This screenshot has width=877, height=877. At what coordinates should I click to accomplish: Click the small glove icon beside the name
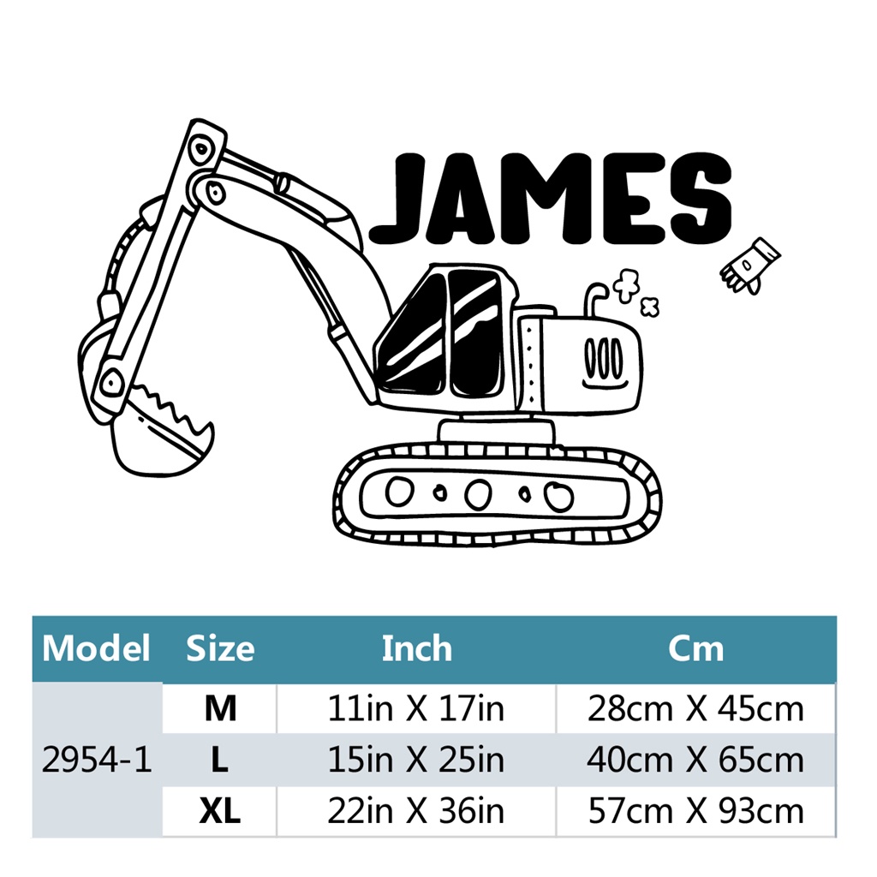tap(749, 265)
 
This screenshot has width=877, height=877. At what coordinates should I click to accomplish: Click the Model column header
tap(96, 648)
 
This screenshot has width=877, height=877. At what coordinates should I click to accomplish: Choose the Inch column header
tap(416, 648)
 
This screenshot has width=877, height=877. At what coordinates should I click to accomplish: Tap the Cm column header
tap(695, 648)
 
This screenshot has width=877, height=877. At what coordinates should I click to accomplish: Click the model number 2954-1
tap(97, 760)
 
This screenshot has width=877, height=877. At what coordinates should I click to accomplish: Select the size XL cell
tap(219, 811)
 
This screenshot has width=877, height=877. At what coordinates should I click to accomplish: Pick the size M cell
tap(219, 708)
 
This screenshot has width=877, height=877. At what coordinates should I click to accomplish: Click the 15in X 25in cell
tap(416, 760)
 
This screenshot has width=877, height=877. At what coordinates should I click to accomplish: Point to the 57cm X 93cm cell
tap(695, 811)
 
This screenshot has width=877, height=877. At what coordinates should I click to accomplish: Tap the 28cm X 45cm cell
tap(695, 708)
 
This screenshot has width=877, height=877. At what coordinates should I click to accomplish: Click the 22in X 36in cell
tap(416, 811)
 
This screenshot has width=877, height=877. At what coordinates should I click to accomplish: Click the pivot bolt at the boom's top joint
tap(201, 146)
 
